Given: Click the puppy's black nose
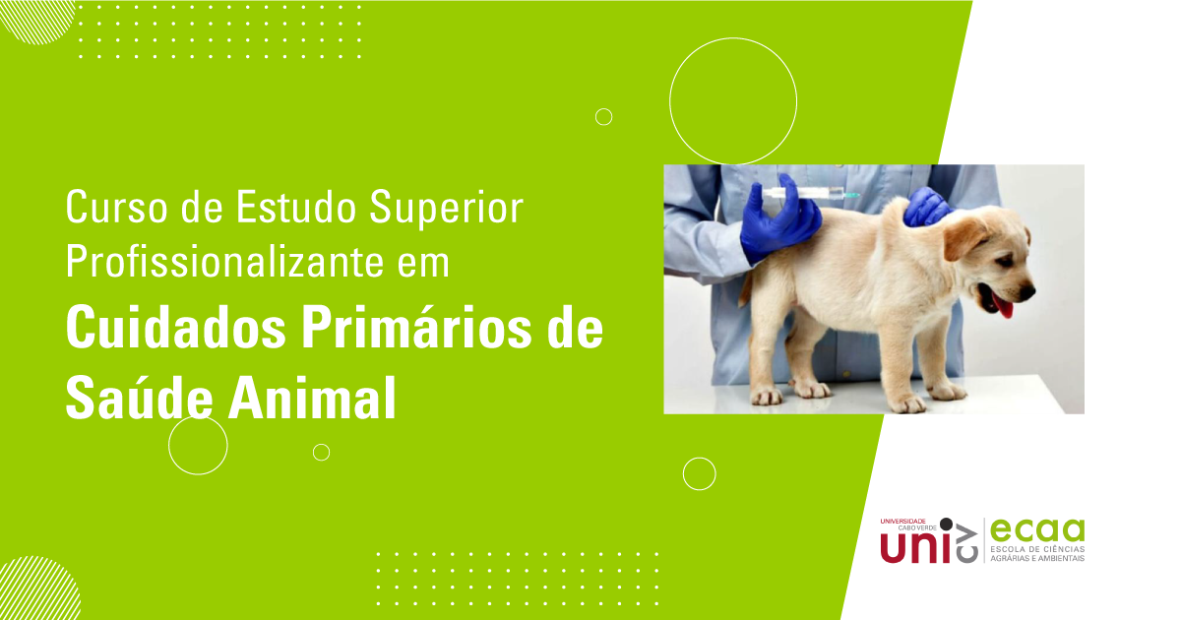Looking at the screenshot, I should click(x=1027, y=292).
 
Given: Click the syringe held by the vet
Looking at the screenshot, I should click(x=807, y=193).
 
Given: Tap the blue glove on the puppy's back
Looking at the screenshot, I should click(x=925, y=207).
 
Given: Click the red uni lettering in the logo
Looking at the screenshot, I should click(x=910, y=547).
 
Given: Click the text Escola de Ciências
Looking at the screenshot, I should click(x=1036, y=548).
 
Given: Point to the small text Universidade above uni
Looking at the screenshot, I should click(x=903, y=521).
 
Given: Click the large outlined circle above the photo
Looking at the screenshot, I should click(x=733, y=100).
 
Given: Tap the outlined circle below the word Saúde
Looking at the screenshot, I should click(x=198, y=446).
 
